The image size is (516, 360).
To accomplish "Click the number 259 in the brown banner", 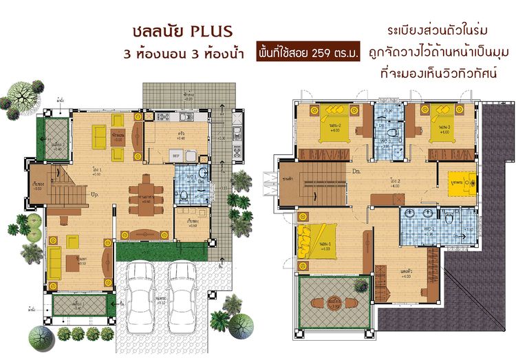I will (323, 53).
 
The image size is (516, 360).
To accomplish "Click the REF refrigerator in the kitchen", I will (175, 157).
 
